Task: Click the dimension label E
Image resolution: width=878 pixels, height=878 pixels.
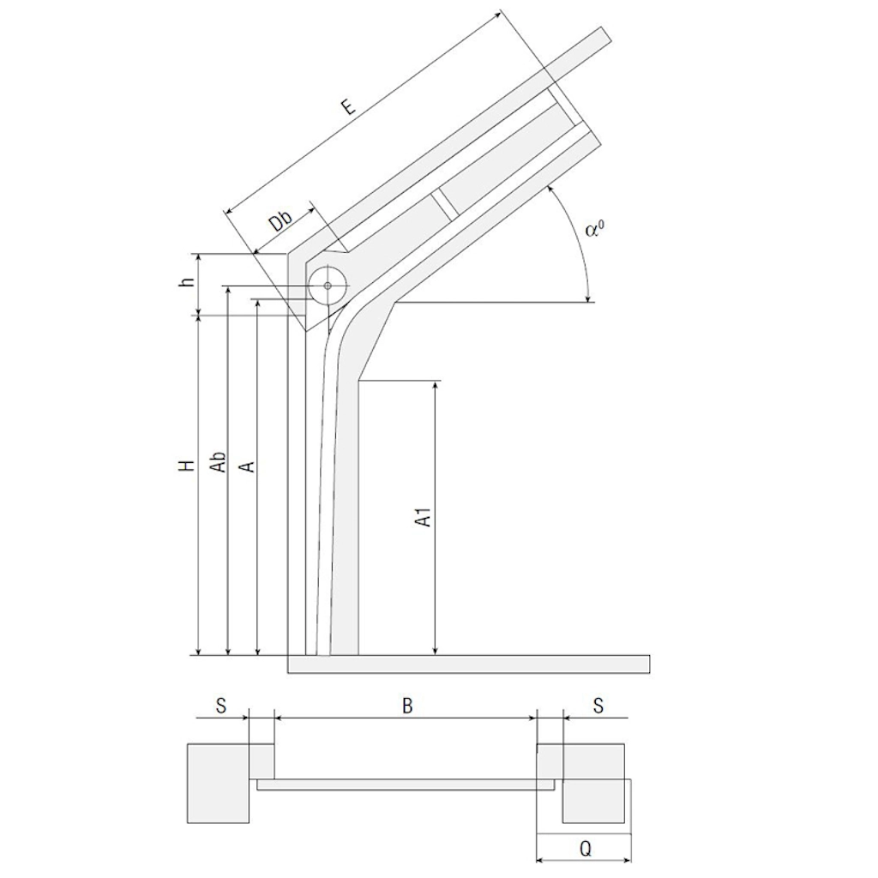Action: click(x=349, y=106)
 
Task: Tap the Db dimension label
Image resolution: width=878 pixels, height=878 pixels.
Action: click(x=281, y=222)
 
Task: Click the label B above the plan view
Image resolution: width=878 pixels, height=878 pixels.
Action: click(x=407, y=707)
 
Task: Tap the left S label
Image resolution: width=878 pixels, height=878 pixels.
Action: click(x=220, y=707)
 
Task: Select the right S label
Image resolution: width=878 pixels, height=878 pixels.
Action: click(x=598, y=707)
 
